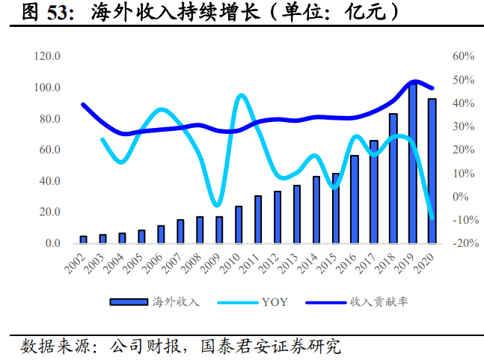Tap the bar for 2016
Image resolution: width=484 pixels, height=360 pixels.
(x=355, y=200)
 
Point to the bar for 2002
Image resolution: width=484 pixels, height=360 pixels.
(x=84, y=240)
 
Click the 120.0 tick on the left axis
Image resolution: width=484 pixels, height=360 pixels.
(x=47, y=56)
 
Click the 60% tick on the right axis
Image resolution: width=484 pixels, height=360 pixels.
(x=464, y=56)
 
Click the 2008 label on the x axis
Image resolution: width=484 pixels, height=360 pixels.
(x=192, y=263)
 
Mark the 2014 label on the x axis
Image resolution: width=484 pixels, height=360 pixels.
(x=309, y=263)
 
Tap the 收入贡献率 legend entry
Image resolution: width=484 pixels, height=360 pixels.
(x=378, y=302)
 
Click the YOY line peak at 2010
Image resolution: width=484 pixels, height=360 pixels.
(x=241, y=96)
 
